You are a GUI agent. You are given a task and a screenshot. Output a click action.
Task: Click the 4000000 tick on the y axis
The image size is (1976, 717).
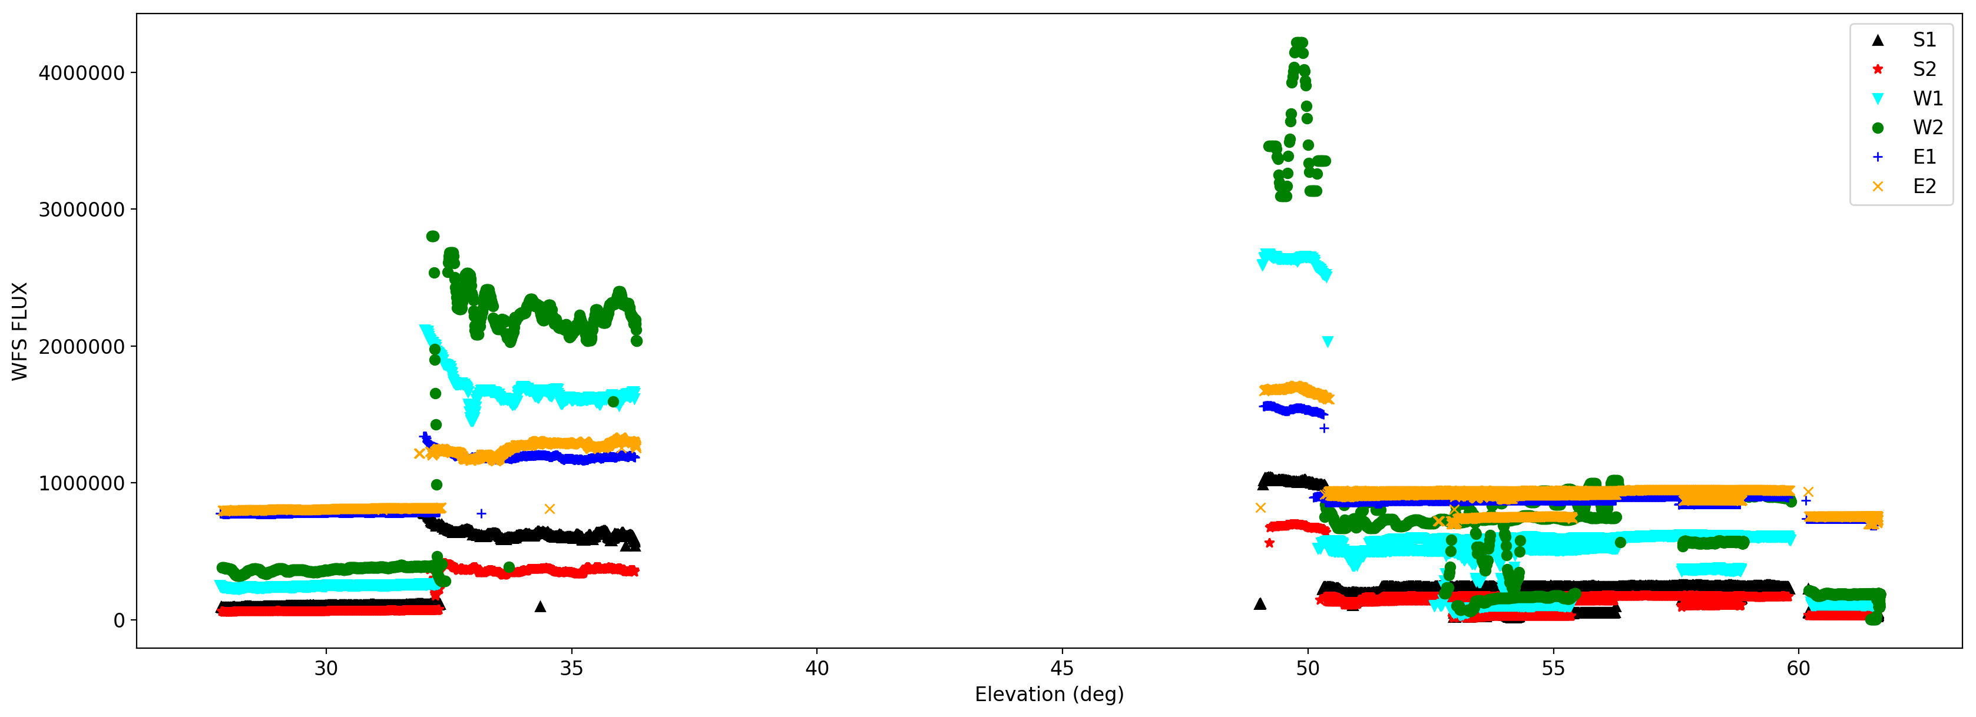[x=81, y=73]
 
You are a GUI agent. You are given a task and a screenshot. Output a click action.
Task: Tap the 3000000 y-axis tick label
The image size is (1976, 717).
[x=81, y=210]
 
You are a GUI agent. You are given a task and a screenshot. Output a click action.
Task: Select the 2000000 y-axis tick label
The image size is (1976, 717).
[x=81, y=347]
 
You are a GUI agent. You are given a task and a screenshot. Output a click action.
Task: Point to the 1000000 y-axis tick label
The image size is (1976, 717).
[x=81, y=483]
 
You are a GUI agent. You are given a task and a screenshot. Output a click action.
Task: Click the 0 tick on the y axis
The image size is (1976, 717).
[x=119, y=620]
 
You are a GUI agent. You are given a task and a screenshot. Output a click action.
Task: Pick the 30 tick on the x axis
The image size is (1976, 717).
[x=326, y=669]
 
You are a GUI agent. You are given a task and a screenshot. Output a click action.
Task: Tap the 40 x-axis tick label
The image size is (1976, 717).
[x=817, y=669]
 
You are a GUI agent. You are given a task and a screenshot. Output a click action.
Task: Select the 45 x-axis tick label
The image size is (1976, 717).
[x=1062, y=669]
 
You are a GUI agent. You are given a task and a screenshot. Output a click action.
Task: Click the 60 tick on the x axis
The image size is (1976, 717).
[x=1798, y=669]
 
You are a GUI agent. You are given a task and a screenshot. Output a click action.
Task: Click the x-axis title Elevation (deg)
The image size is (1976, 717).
[x=1048, y=695]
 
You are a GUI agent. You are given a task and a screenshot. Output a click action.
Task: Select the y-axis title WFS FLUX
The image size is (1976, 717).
[x=20, y=331]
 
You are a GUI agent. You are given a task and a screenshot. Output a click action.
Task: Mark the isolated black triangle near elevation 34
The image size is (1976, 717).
[x=540, y=606]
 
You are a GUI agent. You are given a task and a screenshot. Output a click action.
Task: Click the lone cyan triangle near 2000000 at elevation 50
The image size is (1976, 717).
[x=1328, y=342]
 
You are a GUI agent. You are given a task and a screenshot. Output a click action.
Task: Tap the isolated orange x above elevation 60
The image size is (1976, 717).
[x=1808, y=492]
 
